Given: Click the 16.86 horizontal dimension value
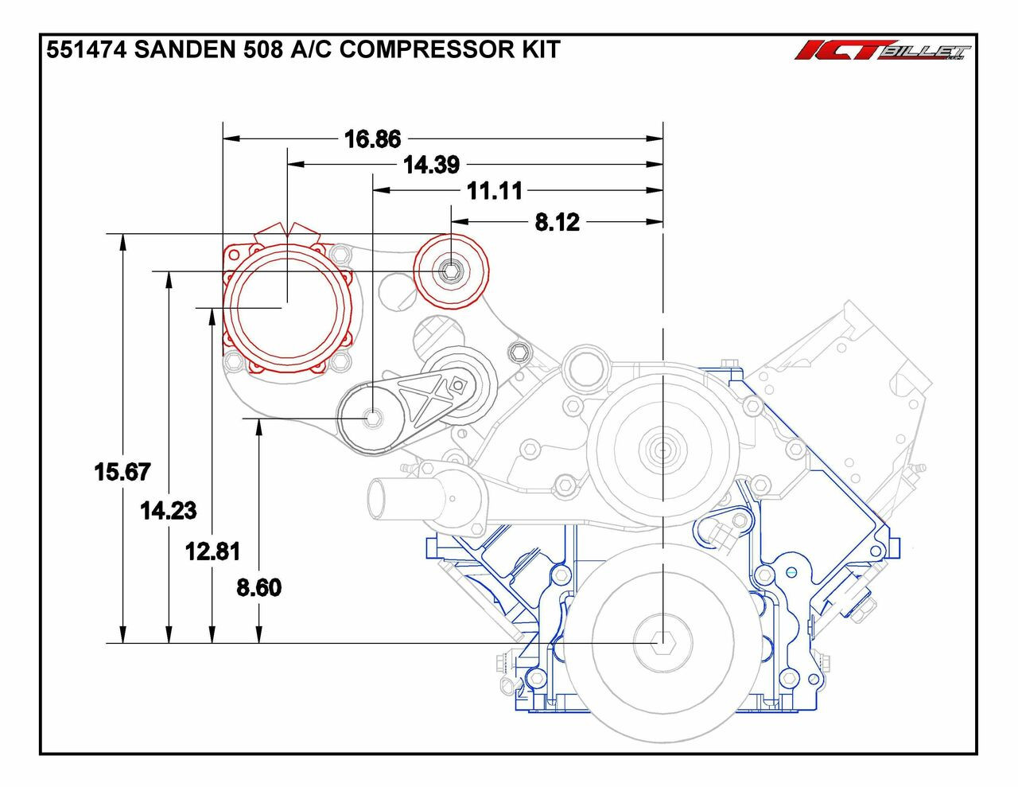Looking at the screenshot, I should coord(372,139).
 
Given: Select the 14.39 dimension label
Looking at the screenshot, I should coord(431,165).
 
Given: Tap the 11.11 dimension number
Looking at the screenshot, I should coord(494,191).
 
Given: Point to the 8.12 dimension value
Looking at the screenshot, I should coord(557,222).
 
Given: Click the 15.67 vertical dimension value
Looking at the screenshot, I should coord(122,472).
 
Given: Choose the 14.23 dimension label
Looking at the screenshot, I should coord(168,510).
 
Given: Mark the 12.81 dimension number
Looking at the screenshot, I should coord(212,551).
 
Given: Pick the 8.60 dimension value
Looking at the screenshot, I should coord(259,587).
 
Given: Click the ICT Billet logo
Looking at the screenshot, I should coord(883,51).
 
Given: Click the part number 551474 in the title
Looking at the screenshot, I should coord(87,50).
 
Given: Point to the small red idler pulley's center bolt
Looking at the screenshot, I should coord(451,271).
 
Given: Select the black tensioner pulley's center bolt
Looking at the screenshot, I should coord(372,418).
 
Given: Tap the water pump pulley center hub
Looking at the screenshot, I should coord(662,450).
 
